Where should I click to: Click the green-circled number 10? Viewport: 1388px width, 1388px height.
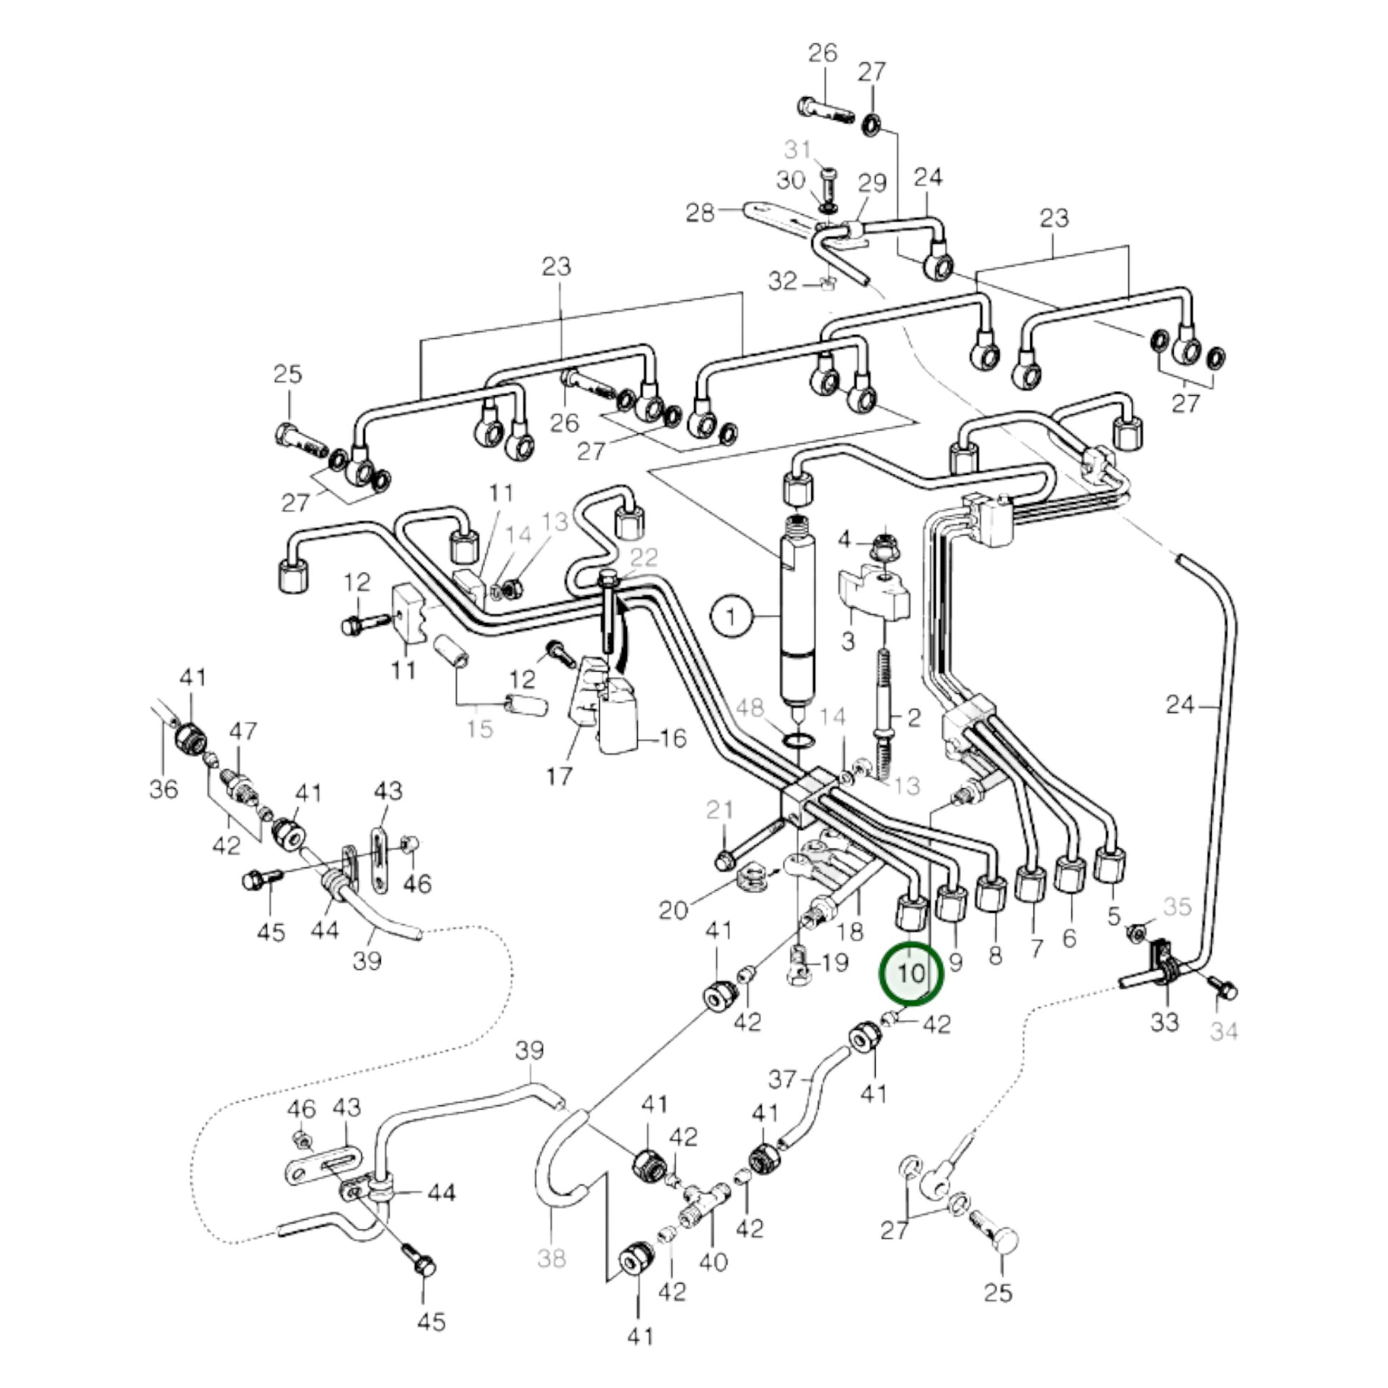911,974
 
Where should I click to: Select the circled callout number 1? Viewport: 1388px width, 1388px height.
731,616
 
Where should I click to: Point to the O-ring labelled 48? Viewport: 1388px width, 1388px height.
797,739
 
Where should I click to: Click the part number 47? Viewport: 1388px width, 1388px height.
242,731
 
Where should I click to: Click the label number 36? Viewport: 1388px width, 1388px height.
163,789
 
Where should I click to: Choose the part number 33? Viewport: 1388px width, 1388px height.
1164,1021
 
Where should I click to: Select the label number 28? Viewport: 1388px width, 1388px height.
700,213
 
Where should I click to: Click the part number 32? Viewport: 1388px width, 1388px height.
782,281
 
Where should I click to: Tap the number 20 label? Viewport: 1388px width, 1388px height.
674,910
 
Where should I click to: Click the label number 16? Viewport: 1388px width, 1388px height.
673,738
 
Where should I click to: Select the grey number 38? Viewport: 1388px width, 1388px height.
551,1258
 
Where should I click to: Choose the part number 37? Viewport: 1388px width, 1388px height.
782,1078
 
